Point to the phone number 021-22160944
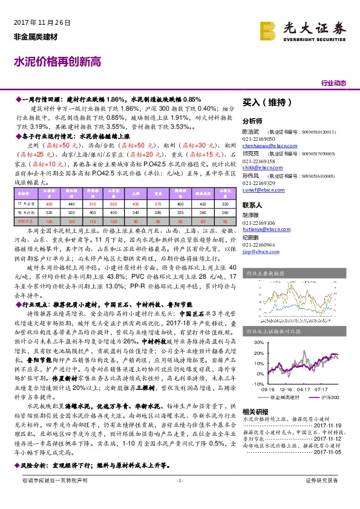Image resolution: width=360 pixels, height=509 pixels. coord(259,244)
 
